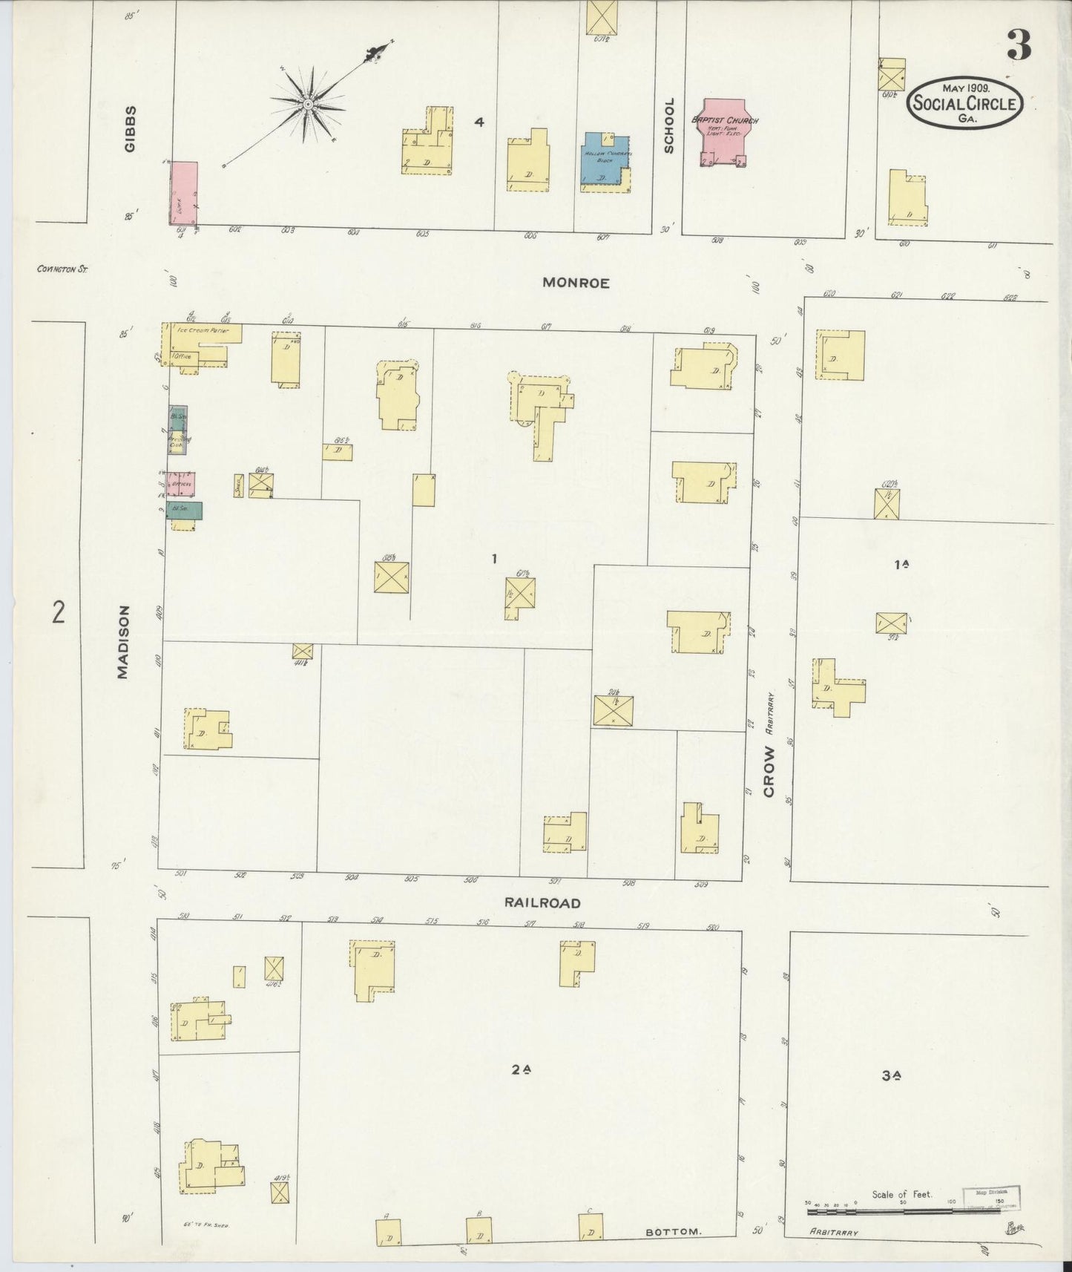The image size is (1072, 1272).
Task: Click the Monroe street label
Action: click(x=576, y=283)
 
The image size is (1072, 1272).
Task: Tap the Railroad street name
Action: click(x=542, y=903)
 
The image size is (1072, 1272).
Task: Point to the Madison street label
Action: click(x=123, y=642)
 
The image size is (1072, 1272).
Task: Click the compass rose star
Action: click(x=306, y=105)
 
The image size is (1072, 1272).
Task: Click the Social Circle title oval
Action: click(x=964, y=105)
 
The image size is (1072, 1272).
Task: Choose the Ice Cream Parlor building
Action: click(x=203, y=332)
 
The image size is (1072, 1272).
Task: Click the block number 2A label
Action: click(x=522, y=1070)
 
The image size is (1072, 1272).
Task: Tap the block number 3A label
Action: click(x=892, y=1075)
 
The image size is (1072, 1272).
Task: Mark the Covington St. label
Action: click(x=62, y=269)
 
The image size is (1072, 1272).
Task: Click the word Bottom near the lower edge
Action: click(x=673, y=1231)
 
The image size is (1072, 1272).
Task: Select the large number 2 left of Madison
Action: click(x=58, y=613)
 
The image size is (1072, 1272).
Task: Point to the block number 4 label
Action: click(x=479, y=122)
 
